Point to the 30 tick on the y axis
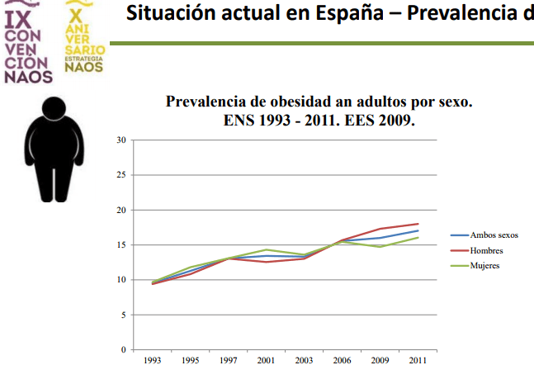[x=121, y=140]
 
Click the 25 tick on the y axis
[x=121, y=175]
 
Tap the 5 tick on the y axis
[x=123, y=315]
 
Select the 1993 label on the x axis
[x=152, y=361]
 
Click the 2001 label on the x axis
[x=266, y=361]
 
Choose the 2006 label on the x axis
[x=342, y=361]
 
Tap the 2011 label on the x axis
[x=418, y=361]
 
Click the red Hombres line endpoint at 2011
[x=418, y=224]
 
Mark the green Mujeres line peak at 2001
[x=266, y=249]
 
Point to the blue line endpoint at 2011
[x=418, y=230]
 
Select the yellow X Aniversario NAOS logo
[x=83, y=41]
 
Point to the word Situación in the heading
[x=168, y=14]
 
